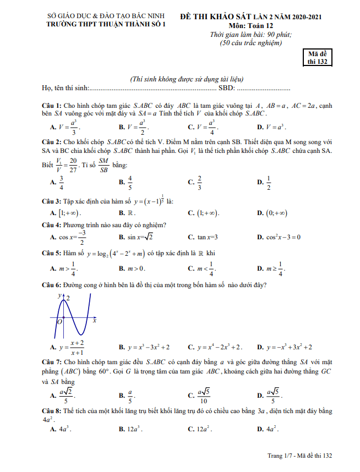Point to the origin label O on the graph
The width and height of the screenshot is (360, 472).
[59, 321]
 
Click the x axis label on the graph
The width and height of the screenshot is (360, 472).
[94, 320]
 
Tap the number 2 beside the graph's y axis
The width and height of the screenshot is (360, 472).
[68, 297]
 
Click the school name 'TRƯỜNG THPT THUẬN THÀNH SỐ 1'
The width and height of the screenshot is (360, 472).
[106, 25]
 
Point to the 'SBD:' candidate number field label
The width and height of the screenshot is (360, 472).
[227, 88]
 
